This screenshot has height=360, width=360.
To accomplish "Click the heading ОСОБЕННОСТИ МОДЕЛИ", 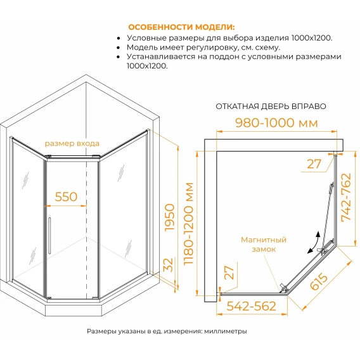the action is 181,27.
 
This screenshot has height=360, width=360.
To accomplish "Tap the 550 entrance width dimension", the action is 66,196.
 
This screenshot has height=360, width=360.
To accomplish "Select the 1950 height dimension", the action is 169,217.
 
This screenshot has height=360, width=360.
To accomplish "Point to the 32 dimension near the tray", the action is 169,265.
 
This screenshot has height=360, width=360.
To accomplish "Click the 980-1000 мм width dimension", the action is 277,123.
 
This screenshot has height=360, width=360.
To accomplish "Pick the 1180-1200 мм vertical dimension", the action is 189,224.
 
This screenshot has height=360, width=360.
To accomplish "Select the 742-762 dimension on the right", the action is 347,198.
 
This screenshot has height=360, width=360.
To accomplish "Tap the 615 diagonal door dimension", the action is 318,281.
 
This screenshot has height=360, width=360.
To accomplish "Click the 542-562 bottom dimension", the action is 252,306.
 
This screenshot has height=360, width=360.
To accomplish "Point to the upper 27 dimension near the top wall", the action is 314,164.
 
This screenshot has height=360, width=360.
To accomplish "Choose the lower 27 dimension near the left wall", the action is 229,273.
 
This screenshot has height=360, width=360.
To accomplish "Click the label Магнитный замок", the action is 264,245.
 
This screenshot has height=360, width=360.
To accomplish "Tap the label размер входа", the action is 72,143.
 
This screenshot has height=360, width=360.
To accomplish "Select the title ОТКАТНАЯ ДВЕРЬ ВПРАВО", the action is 271,106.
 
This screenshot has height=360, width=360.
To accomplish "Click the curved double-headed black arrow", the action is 314,243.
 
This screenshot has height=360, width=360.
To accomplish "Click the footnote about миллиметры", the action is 167,331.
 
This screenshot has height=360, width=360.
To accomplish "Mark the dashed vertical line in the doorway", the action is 87,228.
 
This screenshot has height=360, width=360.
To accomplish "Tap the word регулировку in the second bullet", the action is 210,48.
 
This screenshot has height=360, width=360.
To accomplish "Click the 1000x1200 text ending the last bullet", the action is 148,66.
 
